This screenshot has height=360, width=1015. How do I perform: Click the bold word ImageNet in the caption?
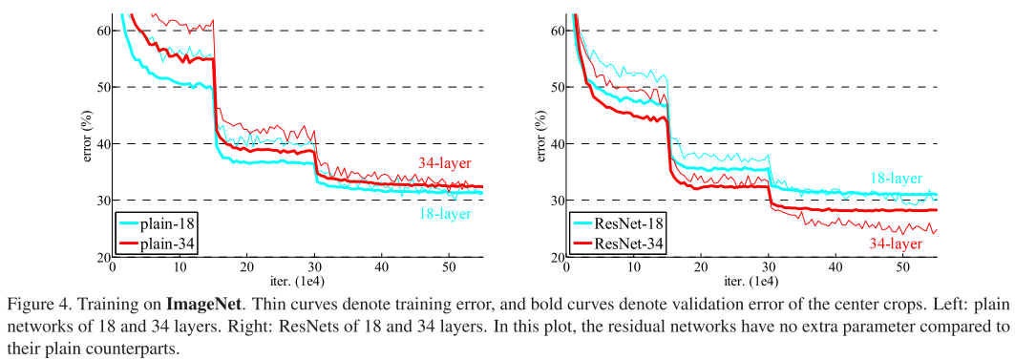pyautogui.click(x=201, y=307)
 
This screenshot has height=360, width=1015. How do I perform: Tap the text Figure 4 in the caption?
pyautogui.click(x=37, y=307)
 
